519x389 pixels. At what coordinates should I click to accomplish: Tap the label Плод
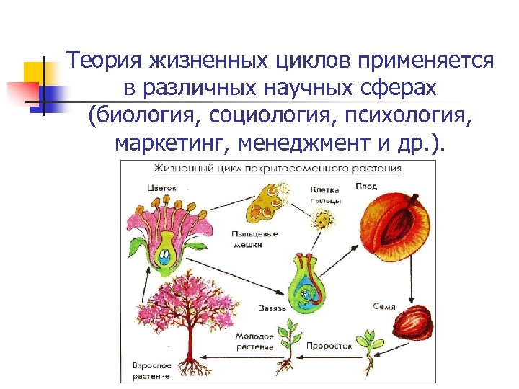[365, 186]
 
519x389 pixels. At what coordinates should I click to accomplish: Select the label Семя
[384, 306]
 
